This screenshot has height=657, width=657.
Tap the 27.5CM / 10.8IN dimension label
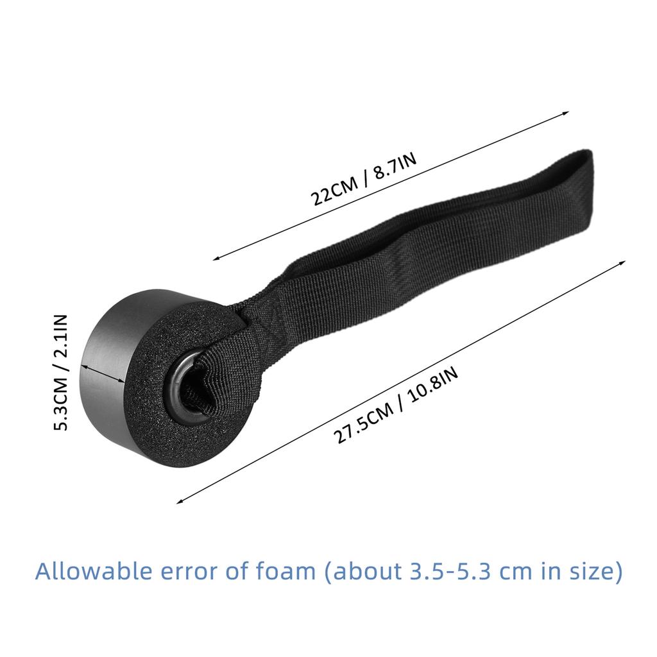click(396, 407)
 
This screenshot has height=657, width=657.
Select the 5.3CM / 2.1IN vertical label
click(60, 372)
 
